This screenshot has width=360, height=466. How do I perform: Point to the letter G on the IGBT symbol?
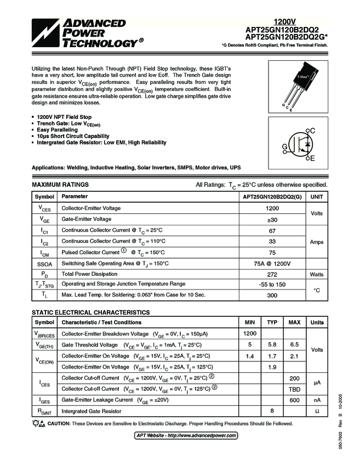(285, 147)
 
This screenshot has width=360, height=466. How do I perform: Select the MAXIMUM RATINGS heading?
(60, 185)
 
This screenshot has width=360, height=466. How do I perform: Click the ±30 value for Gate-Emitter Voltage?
(272, 219)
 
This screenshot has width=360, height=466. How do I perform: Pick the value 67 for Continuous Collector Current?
(272, 230)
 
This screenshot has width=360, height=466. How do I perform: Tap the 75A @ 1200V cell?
(272, 263)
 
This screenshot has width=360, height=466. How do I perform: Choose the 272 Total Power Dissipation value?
(272, 274)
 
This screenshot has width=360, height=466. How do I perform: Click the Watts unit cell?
(317, 274)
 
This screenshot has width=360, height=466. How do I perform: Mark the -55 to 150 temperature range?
(272, 285)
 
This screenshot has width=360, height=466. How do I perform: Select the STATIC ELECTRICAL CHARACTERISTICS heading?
(90, 312)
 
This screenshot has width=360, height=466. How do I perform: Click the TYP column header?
(272, 322)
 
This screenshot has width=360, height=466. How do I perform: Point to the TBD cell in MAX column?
(294, 389)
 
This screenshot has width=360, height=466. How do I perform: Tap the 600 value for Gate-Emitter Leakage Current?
(294, 400)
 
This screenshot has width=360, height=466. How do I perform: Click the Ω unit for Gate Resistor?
(317, 411)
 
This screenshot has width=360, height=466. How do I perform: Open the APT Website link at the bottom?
(186, 435)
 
